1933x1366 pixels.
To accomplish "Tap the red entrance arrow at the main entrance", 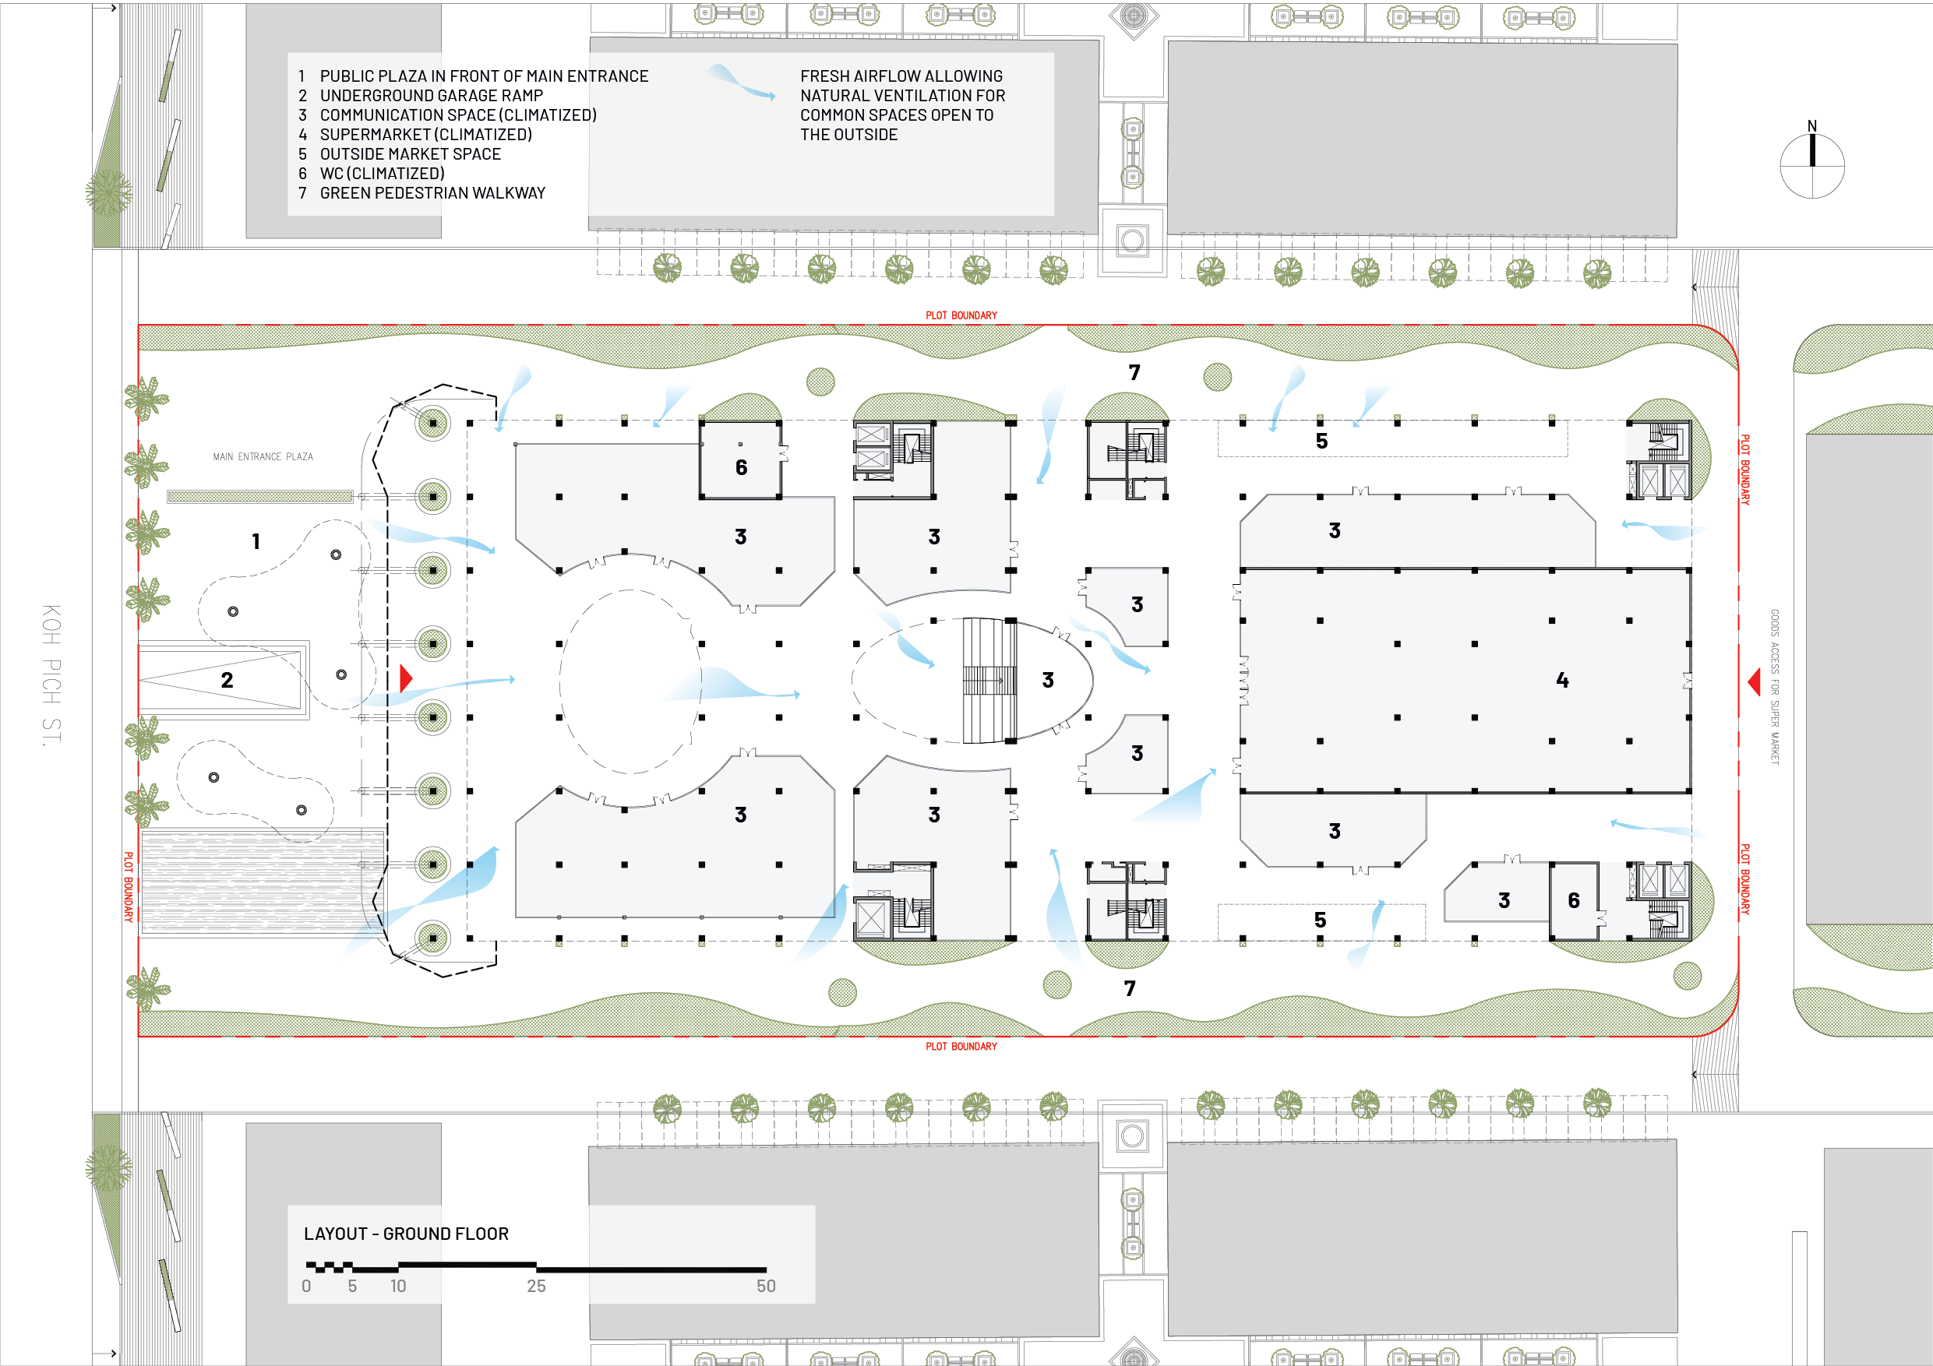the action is coord(406,678).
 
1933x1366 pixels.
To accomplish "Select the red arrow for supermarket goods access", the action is coord(1755,681).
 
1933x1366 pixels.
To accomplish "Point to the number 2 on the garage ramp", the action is coord(227,680).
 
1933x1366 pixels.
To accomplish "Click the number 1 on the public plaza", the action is coord(256,541).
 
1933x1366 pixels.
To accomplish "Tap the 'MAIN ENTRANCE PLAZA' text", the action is coord(263,457).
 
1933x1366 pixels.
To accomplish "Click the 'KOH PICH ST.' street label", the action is coord(51,674).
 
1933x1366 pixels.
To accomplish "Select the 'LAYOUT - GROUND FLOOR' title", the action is coord(406,1234).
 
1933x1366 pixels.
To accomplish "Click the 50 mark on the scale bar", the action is coord(766,1286).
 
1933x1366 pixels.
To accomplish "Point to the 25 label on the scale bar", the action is coord(536,1286).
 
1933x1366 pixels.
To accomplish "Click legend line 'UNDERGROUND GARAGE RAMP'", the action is coord(431,96).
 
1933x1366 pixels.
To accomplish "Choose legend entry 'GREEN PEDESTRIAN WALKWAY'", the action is coord(432,192).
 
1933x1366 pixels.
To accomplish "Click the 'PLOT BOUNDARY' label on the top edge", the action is coord(961,315).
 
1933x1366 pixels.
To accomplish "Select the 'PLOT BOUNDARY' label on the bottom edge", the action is coord(961,1046).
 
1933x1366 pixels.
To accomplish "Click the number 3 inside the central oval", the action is coord(1048,680).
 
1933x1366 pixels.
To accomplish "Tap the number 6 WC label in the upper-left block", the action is coord(741,468).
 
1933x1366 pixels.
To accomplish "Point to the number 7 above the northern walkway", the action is coord(1135,372).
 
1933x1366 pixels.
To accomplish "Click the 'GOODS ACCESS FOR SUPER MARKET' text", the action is coord(1775,687).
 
